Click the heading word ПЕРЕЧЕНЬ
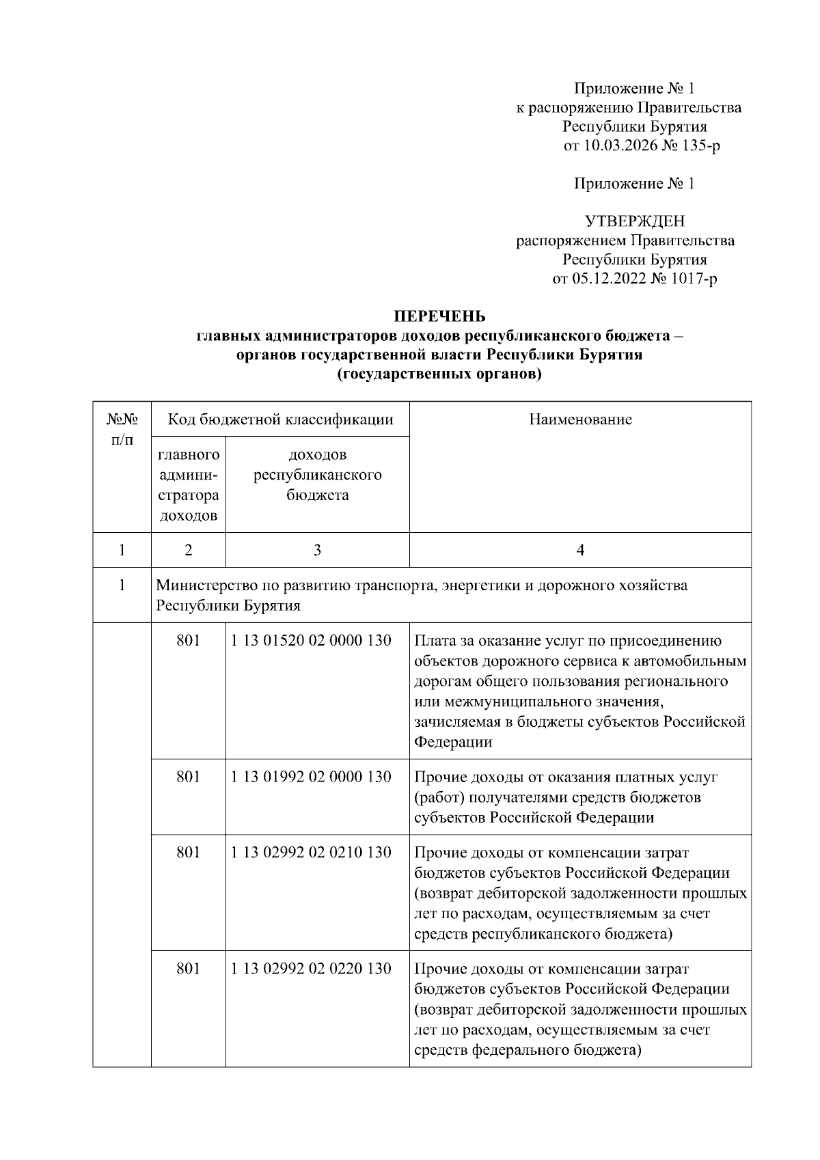(x=439, y=316)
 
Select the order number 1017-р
(x=694, y=279)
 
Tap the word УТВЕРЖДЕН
(x=634, y=221)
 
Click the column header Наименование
(x=580, y=419)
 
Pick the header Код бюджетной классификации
(x=280, y=419)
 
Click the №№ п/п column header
(x=122, y=428)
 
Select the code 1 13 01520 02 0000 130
(x=311, y=641)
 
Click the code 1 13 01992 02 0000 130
(x=311, y=777)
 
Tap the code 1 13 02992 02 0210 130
(x=311, y=853)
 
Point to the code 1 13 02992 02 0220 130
(x=311, y=969)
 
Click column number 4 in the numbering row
(x=580, y=550)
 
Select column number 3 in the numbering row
(x=317, y=550)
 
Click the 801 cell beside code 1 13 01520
(x=188, y=641)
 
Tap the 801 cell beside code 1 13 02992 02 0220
(x=188, y=969)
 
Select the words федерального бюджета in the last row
(x=554, y=1050)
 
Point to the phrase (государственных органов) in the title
(x=439, y=374)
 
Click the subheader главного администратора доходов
(x=188, y=485)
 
